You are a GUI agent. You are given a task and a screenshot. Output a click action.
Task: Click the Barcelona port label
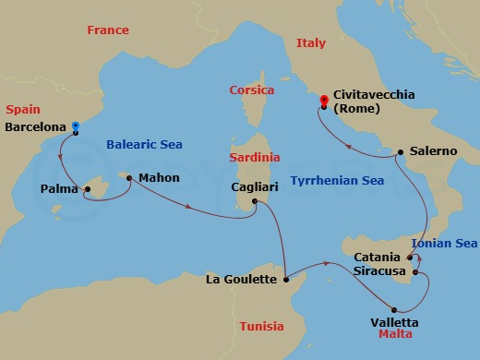click(36, 127)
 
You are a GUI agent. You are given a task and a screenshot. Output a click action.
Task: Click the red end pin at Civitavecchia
click(323, 101)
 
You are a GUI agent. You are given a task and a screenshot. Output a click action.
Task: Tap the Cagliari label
click(256, 187)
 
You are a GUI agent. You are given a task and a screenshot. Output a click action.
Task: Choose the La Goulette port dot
click(288, 278)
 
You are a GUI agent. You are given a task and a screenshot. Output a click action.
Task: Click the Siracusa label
click(380, 271)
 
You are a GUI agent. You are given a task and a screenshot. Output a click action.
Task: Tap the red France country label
click(107, 30)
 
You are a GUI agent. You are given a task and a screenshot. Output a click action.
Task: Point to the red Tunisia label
click(262, 326)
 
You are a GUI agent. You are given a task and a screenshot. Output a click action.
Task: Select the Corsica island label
click(252, 90)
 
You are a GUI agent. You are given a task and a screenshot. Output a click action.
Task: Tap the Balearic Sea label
click(144, 144)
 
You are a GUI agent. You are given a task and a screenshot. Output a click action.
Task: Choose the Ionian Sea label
click(446, 243)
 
